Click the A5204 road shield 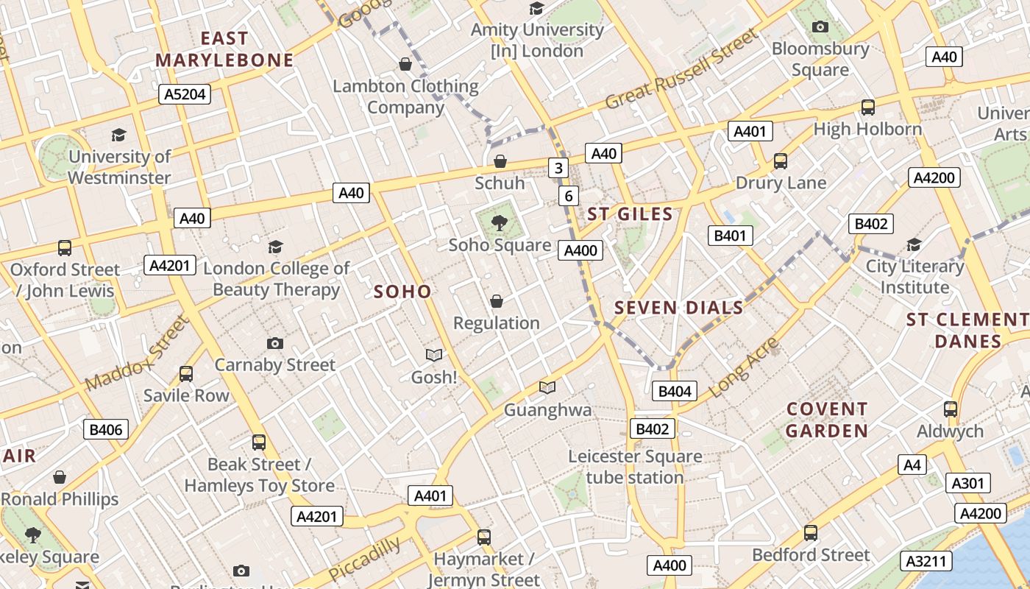pos(185,94)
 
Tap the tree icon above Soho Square pos(500,222)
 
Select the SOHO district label pos(402,292)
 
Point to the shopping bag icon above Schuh pos(500,161)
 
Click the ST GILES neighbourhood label pos(630,214)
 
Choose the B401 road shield pos(731,236)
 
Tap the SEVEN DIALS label pos(678,308)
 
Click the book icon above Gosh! pos(434,356)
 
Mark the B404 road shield pos(675,391)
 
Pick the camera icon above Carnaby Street pos(275,343)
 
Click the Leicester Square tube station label pos(635,467)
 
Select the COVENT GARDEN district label pos(828,420)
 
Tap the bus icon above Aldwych pos(951,409)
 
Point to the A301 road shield pos(967,483)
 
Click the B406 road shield pos(105,429)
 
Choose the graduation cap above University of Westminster pos(118,135)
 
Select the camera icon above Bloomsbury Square pos(820,27)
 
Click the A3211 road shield pos(926,561)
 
